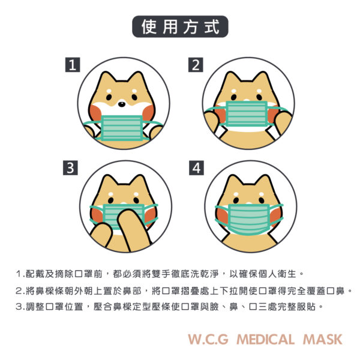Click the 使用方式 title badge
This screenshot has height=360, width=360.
pyautogui.click(x=180, y=26)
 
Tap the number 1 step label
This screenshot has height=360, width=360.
pyautogui.click(x=73, y=65)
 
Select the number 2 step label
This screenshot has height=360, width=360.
pyautogui.click(x=196, y=65)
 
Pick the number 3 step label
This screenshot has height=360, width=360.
pyautogui.click(x=70, y=168)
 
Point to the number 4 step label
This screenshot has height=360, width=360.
pyautogui.click(x=196, y=168)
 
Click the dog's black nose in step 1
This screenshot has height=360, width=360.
pyautogui.click(x=122, y=104)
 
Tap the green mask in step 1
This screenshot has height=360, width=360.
pyautogui.click(x=122, y=128)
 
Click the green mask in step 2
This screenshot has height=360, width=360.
pyautogui.click(x=247, y=114)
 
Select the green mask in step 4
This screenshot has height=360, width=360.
pyautogui.click(x=249, y=219)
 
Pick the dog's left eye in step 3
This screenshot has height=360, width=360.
pyautogui.click(x=110, y=200)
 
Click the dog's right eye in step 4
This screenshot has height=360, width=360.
pyautogui.click(x=262, y=200)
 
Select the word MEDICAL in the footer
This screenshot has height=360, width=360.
pyautogui.click(x=265, y=340)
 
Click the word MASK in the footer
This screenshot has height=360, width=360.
pyautogui.click(x=323, y=340)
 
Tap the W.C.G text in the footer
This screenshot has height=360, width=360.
pyautogui.click(x=208, y=340)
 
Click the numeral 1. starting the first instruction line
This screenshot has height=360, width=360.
pyautogui.click(x=20, y=274)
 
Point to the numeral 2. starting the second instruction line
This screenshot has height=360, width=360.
pyautogui.click(x=20, y=291)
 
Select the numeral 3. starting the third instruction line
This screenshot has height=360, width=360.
pyautogui.click(x=20, y=307)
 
